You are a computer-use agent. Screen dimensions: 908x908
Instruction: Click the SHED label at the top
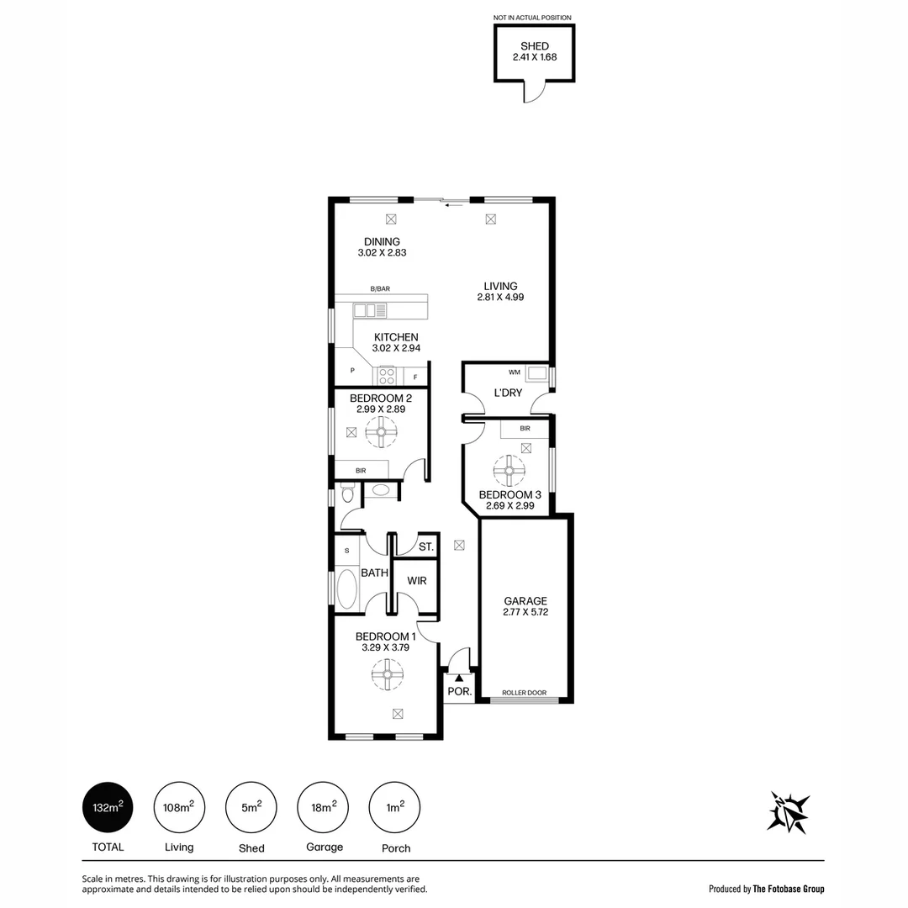[534, 46]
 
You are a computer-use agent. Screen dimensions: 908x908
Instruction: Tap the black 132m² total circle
[106, 808]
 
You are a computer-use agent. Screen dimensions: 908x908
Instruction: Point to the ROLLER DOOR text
[524, 693]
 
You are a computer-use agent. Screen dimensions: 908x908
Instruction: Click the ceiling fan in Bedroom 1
[388, 673]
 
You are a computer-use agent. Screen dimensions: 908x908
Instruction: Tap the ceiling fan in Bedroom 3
[509, 471]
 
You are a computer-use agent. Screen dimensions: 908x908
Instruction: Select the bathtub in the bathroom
[347, 589]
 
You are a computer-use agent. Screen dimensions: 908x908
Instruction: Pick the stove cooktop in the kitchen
[387, 376]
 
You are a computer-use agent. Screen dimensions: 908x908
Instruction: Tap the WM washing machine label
[515, 372]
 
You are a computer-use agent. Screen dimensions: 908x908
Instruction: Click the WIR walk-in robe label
[417, 581]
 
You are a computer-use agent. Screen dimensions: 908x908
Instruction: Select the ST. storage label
[425, 547]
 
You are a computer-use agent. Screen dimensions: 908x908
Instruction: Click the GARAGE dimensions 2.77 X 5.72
[525, 613]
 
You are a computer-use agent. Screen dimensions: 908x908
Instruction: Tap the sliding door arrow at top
[456, 203]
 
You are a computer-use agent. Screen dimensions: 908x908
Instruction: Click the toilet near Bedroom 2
[346, 495]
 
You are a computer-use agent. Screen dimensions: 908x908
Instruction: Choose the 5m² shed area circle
[251, 808]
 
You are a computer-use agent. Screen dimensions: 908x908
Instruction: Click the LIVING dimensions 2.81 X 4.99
[500, 297]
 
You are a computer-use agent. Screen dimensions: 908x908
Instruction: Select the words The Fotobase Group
[789, 889]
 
